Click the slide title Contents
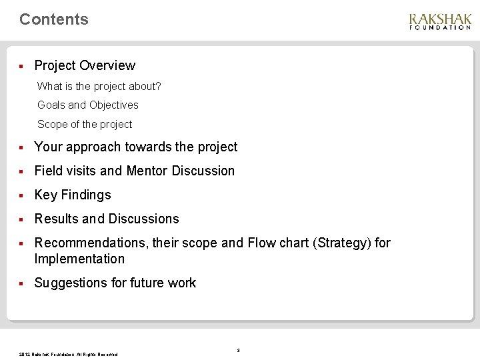(54, 19)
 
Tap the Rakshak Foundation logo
(440, 21)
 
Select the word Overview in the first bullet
(107, 65)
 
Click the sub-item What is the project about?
(99, 86)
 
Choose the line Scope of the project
(85, 124)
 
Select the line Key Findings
(73, 195)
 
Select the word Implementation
(79, 259)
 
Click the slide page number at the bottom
(238, 350)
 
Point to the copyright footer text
(69, 354)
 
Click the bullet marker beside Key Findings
(22, 195)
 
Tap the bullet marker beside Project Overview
(22, 66)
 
